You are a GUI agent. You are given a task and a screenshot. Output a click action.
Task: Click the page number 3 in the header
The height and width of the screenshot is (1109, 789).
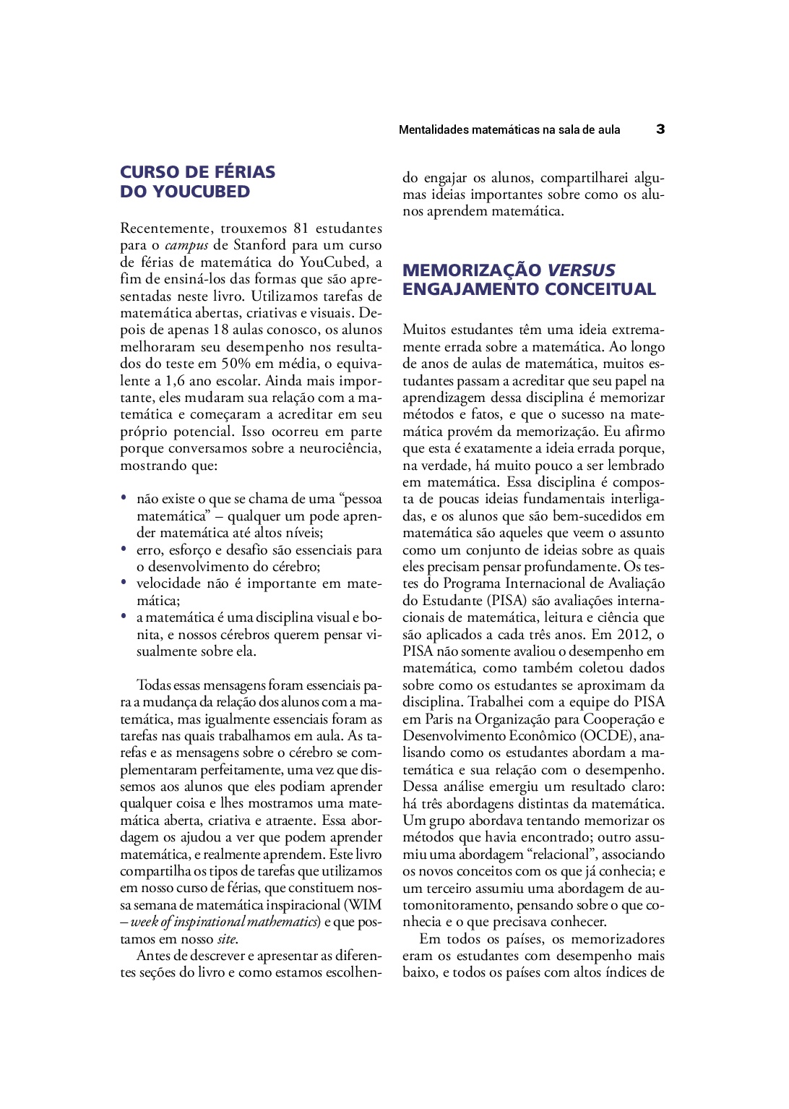point(660,129)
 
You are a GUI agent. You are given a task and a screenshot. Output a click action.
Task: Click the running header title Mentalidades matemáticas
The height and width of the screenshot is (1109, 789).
point(509,130)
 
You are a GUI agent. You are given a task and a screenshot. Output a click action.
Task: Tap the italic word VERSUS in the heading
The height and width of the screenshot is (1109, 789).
point(581,270)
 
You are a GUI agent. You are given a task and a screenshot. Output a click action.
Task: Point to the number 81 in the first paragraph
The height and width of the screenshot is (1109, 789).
point(302,228)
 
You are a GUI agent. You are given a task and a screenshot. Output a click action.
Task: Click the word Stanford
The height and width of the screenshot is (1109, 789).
point(259,245)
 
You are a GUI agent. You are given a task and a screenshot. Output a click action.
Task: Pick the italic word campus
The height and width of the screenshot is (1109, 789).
point(186,245)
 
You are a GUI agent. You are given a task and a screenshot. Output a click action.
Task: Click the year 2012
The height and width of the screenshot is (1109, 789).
point(633,634)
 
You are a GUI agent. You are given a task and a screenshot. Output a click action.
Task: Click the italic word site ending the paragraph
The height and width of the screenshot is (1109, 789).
point(226,938)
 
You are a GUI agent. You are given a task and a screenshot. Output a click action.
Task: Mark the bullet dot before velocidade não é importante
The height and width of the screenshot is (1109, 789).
point(124,582)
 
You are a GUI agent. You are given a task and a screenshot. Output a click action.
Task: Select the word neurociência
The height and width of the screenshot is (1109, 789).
point(340,448)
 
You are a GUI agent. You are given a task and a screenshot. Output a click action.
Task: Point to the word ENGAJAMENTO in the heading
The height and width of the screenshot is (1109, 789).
point(471,289)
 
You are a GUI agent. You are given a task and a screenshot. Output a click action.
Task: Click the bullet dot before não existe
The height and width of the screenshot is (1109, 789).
point(124,497)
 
